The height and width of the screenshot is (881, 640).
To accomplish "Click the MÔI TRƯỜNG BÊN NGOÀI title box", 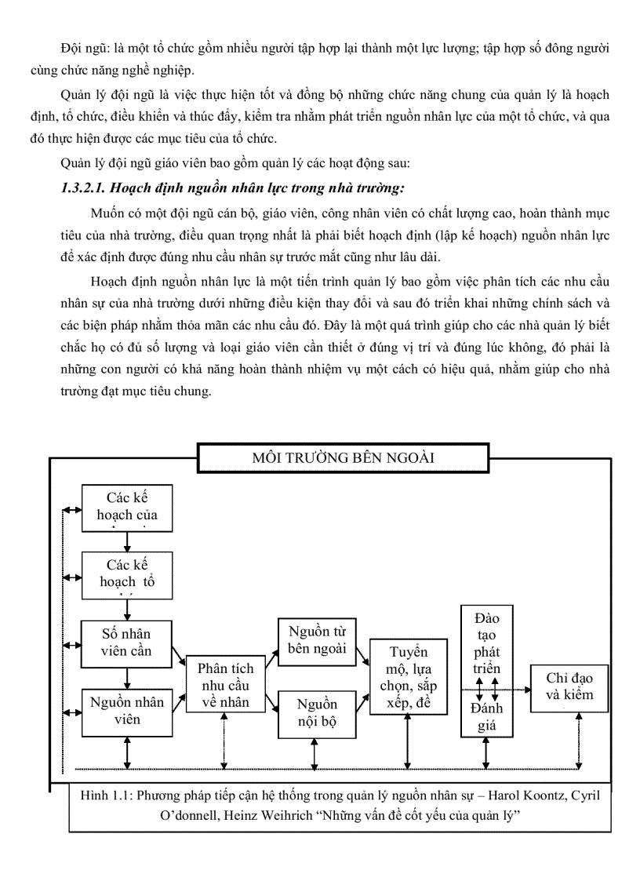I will point(344,457).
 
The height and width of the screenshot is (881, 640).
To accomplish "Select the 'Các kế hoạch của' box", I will point(127,507).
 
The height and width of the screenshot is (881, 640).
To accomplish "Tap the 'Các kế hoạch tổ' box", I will point(127,574).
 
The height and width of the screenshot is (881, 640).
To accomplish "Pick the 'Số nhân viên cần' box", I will point(127,643).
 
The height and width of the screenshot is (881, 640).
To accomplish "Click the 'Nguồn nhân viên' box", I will point(127,711).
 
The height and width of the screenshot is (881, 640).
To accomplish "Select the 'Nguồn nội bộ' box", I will point(317,713).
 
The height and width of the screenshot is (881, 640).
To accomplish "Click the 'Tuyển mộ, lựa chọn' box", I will point(409,676).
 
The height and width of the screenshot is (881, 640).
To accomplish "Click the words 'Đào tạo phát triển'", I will point(487,643).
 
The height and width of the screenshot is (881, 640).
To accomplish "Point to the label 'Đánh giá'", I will point(487,716).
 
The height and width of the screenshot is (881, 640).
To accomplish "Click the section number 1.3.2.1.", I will point(85,187).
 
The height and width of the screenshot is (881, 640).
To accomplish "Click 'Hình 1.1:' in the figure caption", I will point(107,797).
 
